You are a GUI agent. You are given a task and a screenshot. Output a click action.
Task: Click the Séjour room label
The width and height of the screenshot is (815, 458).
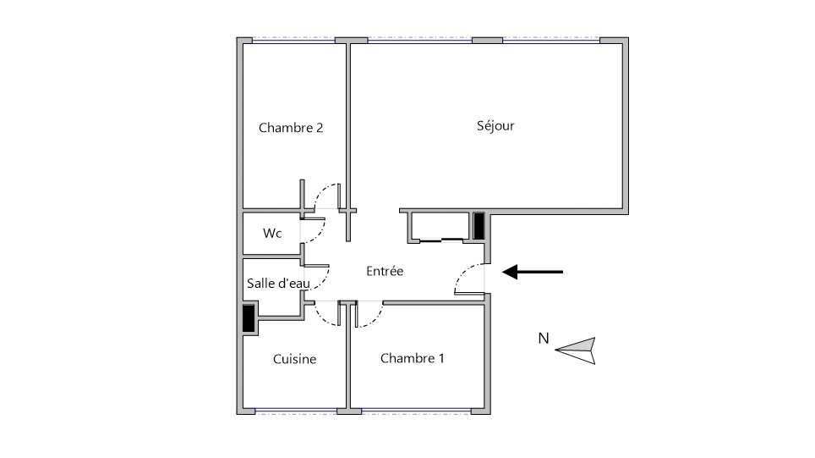click(495, 126)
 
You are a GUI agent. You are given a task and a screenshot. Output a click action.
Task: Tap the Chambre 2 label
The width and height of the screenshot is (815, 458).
click(291, 128)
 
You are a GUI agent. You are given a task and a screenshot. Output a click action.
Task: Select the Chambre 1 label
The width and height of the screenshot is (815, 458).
click(413, 358)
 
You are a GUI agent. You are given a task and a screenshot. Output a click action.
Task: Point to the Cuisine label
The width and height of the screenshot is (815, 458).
click(294, 359)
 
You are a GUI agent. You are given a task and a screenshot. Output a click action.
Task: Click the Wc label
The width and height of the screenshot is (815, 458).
click(272, 233)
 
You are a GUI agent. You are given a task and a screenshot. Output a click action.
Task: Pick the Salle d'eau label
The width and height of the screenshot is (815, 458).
click(278, 284)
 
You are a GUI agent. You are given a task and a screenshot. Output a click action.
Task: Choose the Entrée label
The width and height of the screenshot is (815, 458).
click(385, 271)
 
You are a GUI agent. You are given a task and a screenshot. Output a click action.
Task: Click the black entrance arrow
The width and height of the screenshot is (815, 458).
click(533, 272)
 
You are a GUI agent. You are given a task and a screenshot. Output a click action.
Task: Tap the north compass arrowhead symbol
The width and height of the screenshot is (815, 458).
click(576, 350)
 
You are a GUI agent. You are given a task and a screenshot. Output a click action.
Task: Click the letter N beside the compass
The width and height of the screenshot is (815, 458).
click(544, 339)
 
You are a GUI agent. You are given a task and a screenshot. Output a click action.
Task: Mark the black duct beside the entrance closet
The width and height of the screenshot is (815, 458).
click(479, 226)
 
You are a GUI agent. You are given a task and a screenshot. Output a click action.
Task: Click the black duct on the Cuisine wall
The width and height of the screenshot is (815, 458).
click(249, 318)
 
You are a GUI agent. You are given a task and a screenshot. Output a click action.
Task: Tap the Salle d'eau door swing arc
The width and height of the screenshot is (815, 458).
click(325, 281)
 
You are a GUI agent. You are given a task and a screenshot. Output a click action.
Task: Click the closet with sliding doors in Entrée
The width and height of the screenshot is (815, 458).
click(441, 227)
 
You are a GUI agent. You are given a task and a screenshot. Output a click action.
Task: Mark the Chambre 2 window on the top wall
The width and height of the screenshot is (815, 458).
click(293, 40)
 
